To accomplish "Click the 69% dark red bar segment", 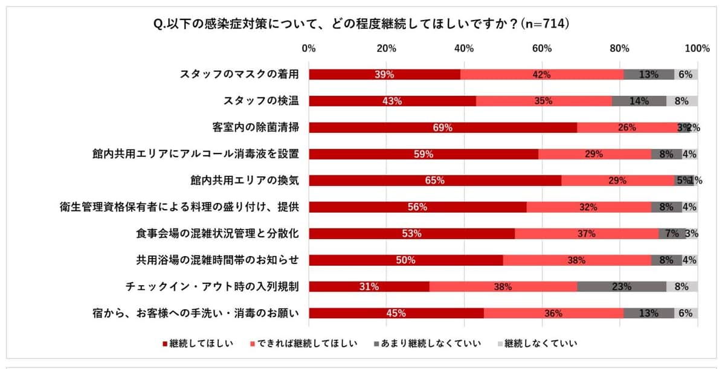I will (x=443, y=127).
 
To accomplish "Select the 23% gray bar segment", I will (x=622, y=287).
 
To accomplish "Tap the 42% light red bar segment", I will (x=542, y=74).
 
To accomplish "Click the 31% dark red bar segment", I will (x=369, y=287).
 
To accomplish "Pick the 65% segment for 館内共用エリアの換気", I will (x=435, y=181).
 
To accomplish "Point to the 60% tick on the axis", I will (x=542, y=48).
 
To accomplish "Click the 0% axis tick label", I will (x=309, y=48).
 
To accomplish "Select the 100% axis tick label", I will (x=698, y=48).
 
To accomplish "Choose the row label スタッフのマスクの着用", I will (x=240, y=74).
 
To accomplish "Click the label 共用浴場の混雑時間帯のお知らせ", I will (x=218, y=260).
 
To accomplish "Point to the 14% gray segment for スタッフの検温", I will (x=639, y=101).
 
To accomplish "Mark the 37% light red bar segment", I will (x=586, y=234).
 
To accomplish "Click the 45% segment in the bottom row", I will (x=396, y=313).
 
